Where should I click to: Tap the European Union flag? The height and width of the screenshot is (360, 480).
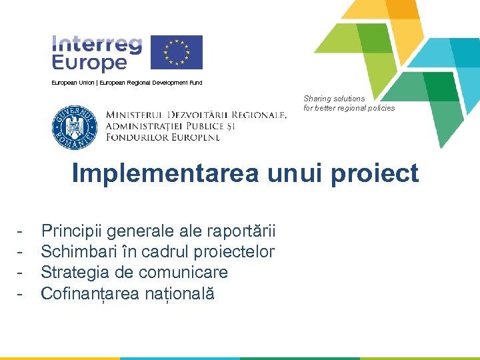176,52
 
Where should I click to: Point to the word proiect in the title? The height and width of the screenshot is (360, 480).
380,173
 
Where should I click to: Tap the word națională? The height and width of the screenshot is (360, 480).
183,293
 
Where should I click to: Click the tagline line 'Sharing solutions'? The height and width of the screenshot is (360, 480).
334,99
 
